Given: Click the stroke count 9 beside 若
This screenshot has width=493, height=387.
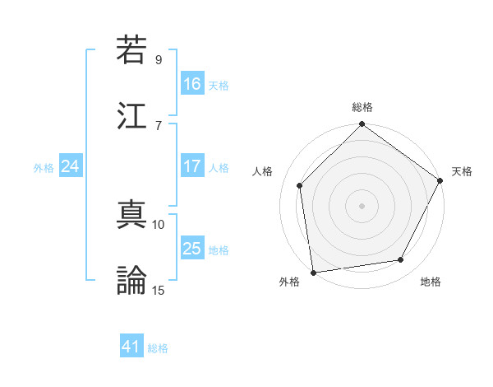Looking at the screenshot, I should tap(159, 59).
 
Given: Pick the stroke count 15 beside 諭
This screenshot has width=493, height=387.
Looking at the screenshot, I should tap(159, 289).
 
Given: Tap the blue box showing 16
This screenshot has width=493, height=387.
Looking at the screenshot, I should tap(192, 84).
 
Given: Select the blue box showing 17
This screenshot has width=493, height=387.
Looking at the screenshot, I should tap(192, 166).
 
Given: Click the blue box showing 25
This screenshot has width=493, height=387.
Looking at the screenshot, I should tap(192, 249).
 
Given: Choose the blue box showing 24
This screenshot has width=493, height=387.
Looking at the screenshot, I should tap(71, 166).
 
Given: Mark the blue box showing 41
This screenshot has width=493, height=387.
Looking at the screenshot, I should tap(131, 347).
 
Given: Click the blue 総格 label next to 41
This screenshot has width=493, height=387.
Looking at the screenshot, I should tap(158, 348).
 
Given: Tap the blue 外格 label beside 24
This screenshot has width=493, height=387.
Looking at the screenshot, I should tap(44, 168).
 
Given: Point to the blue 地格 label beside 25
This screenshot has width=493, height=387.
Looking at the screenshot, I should tap(219, 250).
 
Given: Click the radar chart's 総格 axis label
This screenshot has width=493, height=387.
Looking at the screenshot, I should tap(362, 107).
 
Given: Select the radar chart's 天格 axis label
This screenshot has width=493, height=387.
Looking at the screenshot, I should tap(462, 171).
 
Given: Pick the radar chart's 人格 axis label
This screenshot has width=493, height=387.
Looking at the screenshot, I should tap(264, 171).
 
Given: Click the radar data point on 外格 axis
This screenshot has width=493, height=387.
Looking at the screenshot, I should tap(313, 272).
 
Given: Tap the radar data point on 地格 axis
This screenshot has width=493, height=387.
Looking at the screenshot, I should tap(401, 259).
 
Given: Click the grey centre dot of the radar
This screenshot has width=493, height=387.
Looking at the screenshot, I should tap(362, 205).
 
